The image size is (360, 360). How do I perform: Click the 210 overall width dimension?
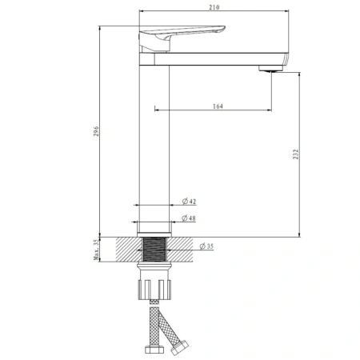click(214, 7)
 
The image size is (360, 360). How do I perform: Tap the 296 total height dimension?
click(96, 131)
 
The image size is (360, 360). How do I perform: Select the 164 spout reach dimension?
click(218, 106)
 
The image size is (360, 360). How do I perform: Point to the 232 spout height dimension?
click(296, 154)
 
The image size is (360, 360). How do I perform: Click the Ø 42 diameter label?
click(189, 201)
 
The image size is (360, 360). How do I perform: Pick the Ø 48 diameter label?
click(189, 218)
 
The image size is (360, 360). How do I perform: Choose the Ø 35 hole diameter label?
click(206, 246)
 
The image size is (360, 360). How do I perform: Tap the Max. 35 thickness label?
click(96, 250)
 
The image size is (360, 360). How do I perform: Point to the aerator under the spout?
click(270, 69)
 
